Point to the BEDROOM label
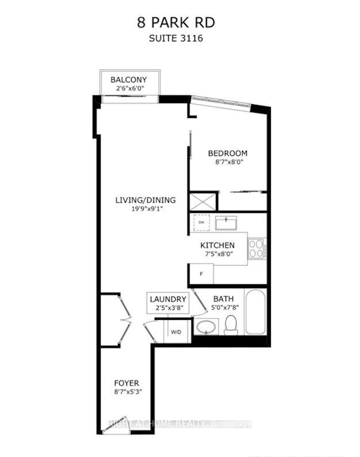227,153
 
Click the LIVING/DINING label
145,200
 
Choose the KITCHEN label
217,245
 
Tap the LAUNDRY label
168,299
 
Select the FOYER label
126,383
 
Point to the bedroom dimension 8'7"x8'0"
227,163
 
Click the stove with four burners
256,248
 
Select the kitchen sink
226,222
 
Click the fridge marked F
201,273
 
